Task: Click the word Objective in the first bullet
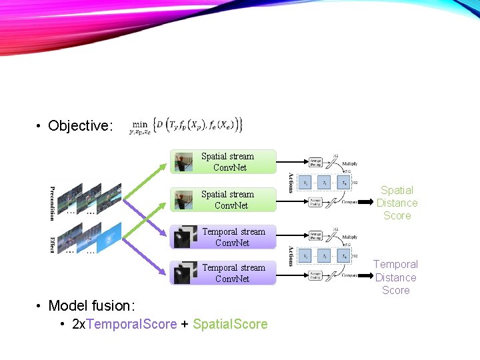79,126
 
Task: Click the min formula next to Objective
186,125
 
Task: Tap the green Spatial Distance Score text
397,203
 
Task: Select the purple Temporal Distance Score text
395,277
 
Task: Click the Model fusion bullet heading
91,306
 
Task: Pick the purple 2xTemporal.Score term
124,325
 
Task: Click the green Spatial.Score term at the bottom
230,325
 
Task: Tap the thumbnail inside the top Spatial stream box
183,162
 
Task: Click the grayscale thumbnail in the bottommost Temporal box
182,273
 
